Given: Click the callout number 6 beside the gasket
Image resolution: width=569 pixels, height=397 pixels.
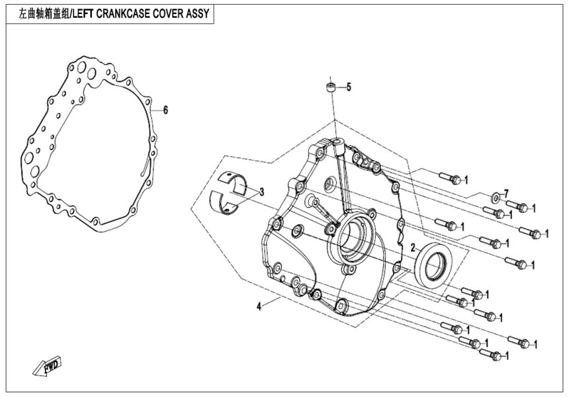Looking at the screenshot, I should tap(165, 110).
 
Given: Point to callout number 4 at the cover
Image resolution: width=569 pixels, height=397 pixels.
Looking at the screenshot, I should tap(260, 306).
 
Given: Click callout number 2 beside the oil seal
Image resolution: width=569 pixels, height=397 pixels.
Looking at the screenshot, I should tap(412, 247).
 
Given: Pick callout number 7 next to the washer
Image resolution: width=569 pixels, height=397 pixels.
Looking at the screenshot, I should tap(506, 193).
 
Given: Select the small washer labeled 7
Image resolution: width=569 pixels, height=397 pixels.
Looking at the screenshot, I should tap(494, 197).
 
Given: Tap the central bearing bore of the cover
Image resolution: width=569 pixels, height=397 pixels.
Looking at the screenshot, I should tap(351, 235).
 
